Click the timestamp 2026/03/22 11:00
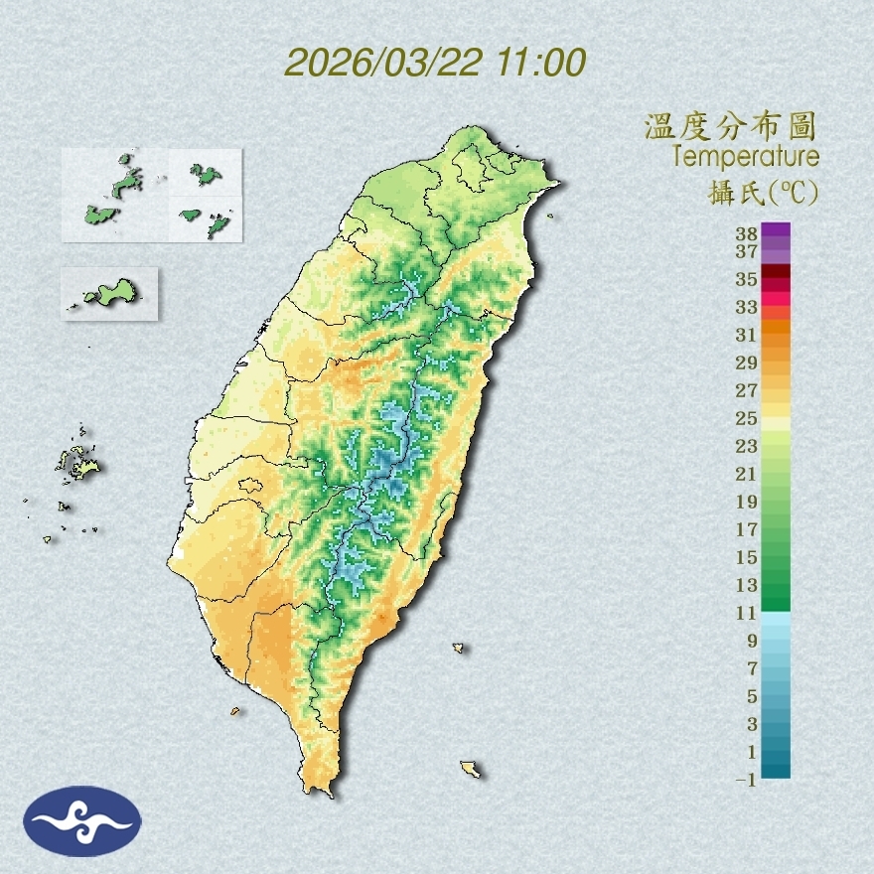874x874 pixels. tap(435, 62)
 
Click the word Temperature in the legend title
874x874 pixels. tap(745, 157)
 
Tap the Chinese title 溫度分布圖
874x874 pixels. tap(730, 126)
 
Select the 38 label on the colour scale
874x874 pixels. tap(746, 234)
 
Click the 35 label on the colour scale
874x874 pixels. tap(746, 280)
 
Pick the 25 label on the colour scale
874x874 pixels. tap(746, 417)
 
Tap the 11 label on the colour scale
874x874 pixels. tap(746, 613)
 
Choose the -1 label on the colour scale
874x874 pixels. tap(745, 780)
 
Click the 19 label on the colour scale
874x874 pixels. tap(746, 501)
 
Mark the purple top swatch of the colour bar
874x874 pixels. tap(776, 229)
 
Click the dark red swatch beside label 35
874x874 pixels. tap(776, 272)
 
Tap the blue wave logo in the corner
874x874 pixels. tap(82, 820)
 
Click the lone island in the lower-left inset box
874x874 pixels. tap(110, 293)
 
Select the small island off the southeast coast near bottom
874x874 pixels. tap(471, 769)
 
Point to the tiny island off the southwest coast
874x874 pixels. tap(235, 711)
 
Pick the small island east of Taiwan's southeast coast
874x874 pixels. tap(459, 648)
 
